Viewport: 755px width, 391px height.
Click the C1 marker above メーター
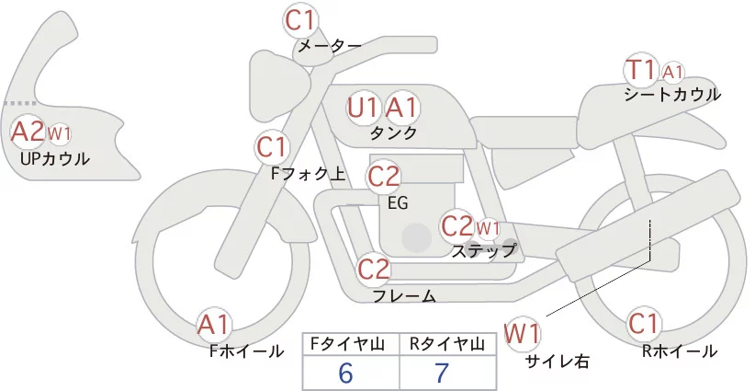300,19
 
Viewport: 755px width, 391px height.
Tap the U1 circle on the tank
364,109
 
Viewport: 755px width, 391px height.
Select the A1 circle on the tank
400,109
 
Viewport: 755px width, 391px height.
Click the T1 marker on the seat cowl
640,70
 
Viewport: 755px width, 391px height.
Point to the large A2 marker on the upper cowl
28,132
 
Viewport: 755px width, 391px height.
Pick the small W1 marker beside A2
59,134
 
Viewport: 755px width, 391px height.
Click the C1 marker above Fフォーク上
272,146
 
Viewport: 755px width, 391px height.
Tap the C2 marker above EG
384,176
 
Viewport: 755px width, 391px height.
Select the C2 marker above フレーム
375,270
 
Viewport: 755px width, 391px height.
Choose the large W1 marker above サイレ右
523,332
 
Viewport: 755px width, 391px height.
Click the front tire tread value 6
345,373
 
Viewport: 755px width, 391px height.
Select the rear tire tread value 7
442,373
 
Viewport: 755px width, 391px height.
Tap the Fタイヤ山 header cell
350,344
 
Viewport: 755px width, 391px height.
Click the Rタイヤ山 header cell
446,344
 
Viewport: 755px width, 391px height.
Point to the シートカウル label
671,94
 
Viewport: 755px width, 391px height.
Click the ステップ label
483,249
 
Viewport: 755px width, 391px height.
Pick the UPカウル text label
54,158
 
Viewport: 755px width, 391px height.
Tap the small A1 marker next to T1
672,71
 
